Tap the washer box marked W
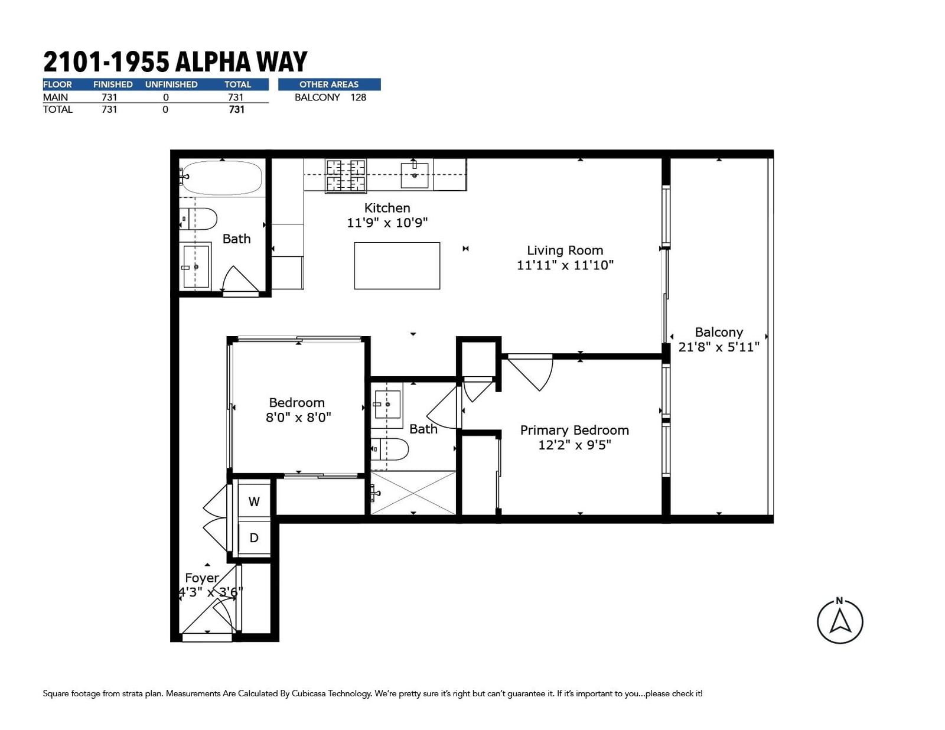(255, 501)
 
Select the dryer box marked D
(255, 537)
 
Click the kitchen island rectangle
(397, 266)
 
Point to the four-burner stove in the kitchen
(346, 175)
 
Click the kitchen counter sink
(415, 175)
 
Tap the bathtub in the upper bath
(222, 178)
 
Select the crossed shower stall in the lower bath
(413, 493)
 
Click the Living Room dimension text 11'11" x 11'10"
(565, 265)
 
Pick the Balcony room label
(719, 333)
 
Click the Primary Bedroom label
(575, 431)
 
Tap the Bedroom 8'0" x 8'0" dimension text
(298, 418)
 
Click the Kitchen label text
(387, 208)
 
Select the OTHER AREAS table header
(329, 84)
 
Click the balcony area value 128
(359, 97)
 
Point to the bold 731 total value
(237, 110)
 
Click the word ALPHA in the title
(213, 62)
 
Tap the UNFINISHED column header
(171, 84)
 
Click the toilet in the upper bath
(198, 219)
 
